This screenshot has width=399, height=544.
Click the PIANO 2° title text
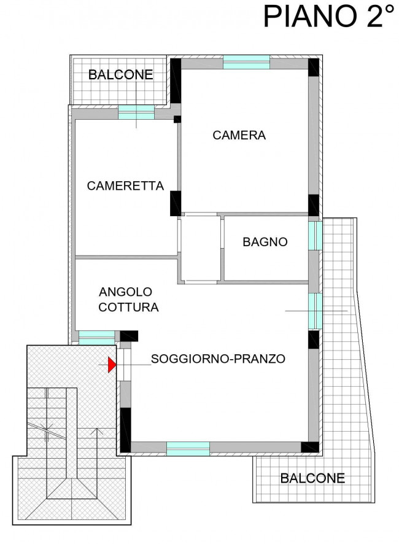pos(328,17)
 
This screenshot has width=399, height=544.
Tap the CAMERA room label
pos(239,135)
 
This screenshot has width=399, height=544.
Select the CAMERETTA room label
pos(125,185)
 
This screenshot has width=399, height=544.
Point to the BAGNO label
pos(265,242)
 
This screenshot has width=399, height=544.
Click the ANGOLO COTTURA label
pos(129,299)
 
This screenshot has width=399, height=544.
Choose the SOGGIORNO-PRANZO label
pos(218,359)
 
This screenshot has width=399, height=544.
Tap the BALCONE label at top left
pos(120,75)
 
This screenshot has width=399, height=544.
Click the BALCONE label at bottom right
pos(312,478)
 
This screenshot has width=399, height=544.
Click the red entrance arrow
pos(112,365)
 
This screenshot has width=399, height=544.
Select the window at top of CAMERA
pos(246,62)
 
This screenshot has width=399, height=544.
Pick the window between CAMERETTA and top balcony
pos(136,112)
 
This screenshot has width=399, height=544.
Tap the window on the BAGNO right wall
pos(314,236)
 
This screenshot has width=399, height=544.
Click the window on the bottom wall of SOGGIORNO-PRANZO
pos(188,448)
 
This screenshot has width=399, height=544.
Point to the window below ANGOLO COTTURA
pos(96,337)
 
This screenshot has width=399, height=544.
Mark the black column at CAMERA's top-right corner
pos(314,68)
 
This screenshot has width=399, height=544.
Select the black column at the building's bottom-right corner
pos(313,447)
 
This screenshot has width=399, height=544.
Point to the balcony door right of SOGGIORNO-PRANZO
pos(314,310)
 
